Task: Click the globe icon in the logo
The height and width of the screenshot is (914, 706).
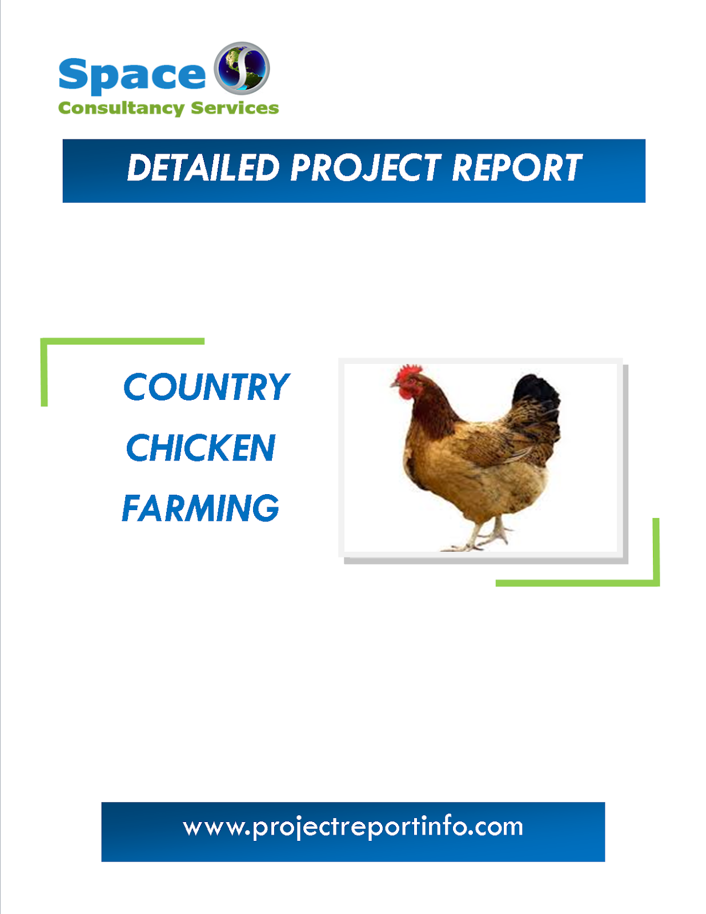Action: tap(242, 68)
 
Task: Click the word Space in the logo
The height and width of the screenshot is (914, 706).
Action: tap(132, 75)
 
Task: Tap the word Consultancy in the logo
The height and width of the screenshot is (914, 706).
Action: tap(121, 108)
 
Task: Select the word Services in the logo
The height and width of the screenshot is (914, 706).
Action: tap(235, 108)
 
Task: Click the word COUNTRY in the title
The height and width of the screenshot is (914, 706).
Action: tap(206, 387)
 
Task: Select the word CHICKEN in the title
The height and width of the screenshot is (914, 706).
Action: tap(200, 448)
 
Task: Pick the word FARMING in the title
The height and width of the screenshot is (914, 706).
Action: tap(200, 508)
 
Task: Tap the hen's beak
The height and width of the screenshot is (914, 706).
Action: tap(394, 385)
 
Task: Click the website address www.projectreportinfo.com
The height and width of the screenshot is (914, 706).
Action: tap(353, 827)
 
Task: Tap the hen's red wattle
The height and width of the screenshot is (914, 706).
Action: tap(407, 393)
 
